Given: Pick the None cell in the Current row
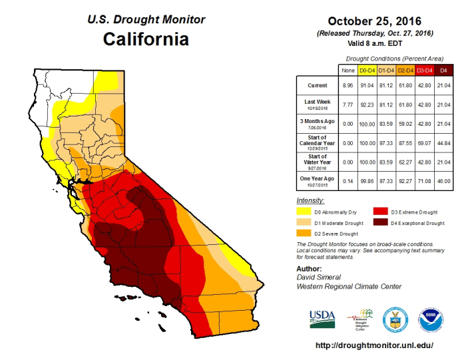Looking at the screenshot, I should (347, 86).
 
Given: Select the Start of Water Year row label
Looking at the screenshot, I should (317, 162).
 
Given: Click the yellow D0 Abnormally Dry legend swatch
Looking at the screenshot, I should (305, 211).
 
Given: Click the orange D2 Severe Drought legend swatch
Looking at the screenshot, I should (305, 234).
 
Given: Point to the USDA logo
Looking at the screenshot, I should (322, 317).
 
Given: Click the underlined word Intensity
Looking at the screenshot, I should (310, 200).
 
